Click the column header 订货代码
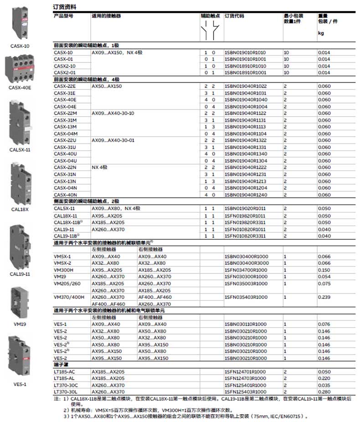(234, 16)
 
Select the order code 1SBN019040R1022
(245, 86)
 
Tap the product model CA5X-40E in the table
(65, 100)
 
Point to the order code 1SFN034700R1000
(245, 270)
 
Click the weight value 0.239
(324, 297)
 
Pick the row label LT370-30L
(66, 392)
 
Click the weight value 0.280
(324, 392)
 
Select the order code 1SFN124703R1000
(245, 378)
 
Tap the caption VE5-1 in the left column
(20, 384)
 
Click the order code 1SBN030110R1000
(245, 324)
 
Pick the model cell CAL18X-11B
(67, 222)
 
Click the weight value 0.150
(324, 270)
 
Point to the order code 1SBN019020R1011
(245, 209)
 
